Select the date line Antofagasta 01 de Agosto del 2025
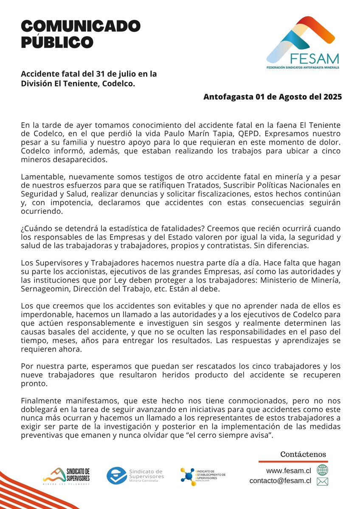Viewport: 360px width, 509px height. (273, 96)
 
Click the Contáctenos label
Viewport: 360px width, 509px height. (303, 454)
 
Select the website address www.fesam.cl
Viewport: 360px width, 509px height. (289, 470)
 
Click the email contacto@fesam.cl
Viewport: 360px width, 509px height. (280, 481)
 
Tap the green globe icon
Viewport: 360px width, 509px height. (323, 470)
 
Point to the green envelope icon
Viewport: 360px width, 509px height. (323, 481)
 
